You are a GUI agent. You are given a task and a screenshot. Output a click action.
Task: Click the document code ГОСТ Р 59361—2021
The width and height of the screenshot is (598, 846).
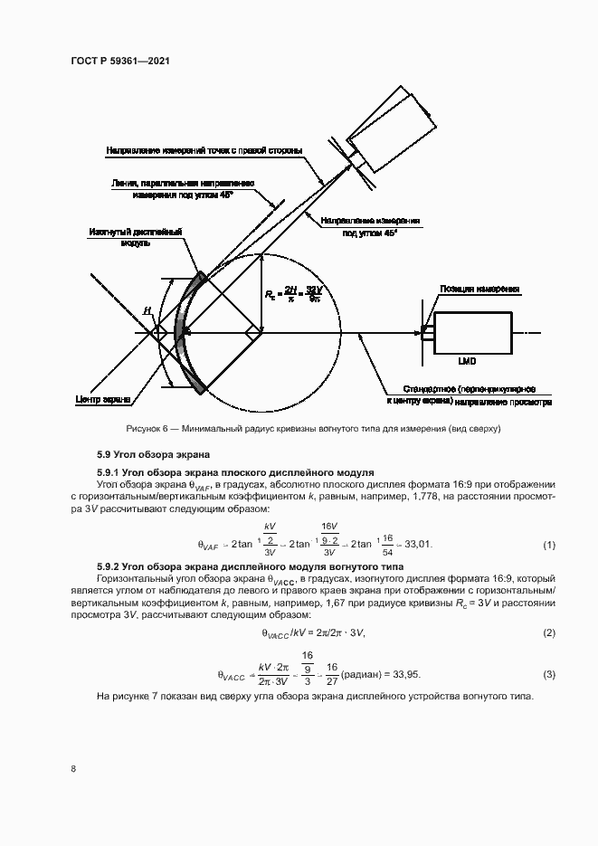point(119,61)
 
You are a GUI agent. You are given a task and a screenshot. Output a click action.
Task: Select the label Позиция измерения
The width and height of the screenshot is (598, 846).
point(480,290)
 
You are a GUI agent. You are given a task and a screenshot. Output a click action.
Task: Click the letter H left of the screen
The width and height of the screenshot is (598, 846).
point(147,311)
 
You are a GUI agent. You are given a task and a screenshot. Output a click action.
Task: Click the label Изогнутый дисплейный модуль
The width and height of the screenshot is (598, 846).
point(136,237)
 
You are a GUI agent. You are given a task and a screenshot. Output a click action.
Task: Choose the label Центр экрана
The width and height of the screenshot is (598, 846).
point(102,399)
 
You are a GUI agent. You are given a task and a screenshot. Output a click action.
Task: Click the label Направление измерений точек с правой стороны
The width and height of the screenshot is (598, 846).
point(204,149)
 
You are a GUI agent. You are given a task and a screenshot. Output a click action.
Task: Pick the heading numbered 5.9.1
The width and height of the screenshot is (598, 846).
point(235,472)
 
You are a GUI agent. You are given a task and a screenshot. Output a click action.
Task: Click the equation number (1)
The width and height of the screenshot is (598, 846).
point(548,545)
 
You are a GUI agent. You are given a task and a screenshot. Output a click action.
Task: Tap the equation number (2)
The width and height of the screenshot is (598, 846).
point(548,632)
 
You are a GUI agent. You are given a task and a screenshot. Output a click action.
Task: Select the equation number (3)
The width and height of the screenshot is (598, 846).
point(548,675)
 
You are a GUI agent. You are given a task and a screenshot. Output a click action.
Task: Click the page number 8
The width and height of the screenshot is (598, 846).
point(72,768)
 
